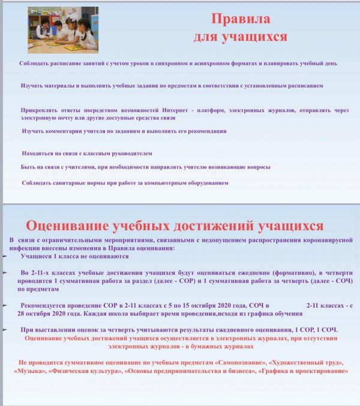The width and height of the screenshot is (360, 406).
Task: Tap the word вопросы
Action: (256, 167)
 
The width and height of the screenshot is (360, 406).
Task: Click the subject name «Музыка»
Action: (31, 372)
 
